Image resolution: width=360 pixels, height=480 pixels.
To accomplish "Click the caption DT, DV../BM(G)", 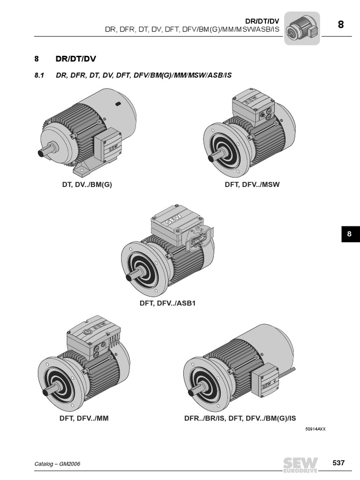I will pos(87,185).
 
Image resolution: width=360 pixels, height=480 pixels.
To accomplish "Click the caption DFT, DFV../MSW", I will pos(252,185).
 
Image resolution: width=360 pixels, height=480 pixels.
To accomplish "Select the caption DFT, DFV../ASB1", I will pos(167,303).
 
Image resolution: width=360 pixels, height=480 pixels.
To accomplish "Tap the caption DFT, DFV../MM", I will pos(84,418).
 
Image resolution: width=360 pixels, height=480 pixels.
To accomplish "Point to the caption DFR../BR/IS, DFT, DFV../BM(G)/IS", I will pos(240,418).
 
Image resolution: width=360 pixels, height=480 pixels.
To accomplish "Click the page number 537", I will pos(338,463).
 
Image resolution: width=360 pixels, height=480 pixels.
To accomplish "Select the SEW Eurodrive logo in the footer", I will pos(300,464).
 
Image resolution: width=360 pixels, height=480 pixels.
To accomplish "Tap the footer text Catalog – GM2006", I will pos(57,464).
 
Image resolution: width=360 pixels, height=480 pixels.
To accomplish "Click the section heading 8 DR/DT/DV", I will pos(66,60).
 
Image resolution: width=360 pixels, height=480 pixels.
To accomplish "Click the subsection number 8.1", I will pos(39,75).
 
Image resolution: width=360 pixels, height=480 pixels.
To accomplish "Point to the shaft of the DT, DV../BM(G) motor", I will pos(45,153).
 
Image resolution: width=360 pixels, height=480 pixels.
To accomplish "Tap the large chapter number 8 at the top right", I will pos(341,24).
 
